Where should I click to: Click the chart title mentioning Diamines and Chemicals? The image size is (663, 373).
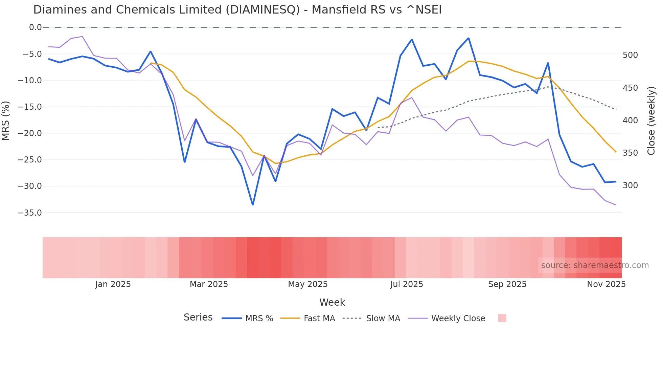coord(237,10)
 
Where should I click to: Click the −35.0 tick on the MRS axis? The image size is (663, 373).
coord(30,213)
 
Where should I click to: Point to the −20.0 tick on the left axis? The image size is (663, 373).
coord(30,133)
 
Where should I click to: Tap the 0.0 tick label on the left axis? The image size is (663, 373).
coord(35,27)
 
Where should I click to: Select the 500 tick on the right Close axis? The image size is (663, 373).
coord(630,55)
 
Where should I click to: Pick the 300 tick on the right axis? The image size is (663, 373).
coord(630,185)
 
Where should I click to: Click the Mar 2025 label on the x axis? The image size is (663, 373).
coord(209,284)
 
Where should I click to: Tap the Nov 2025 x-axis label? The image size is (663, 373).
coord(606,284)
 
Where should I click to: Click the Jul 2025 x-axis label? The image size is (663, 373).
coord(407,284)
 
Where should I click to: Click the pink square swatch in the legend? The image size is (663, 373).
coord(502,318)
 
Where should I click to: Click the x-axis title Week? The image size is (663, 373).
coord(332,302)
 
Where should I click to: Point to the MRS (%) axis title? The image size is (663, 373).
coord(6,120)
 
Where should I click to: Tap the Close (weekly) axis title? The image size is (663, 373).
coord(651,120)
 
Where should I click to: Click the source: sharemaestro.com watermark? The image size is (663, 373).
coord(595,265)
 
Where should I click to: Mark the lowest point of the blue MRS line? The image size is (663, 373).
coord(253,205)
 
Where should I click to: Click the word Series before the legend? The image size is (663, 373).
coord(198,317)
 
